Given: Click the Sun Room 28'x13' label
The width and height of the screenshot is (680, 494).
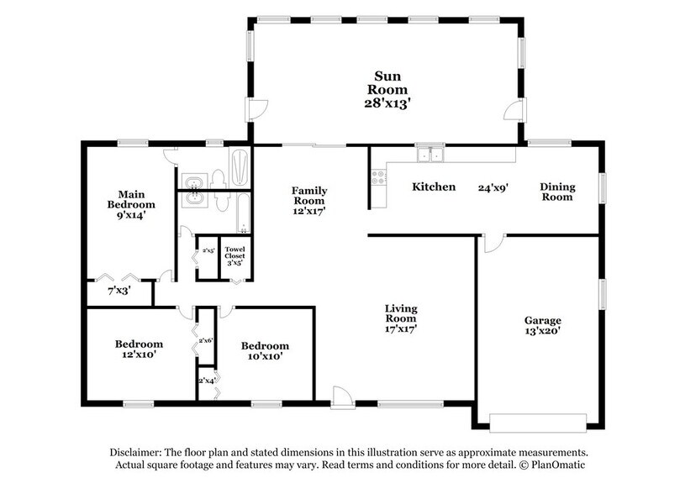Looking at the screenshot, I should click(x=387, y=90).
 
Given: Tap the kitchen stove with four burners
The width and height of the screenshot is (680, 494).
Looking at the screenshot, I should click(x=377, y=177).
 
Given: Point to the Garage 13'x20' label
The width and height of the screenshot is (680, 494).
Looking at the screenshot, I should click(x=542, y=327).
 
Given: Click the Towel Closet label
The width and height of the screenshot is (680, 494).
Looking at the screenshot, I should click(x=233, y=254).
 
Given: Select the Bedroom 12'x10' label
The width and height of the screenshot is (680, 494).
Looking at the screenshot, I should click(x=139, y=349).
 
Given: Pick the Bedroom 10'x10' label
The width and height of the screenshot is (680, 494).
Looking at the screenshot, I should click(x=265, y=351).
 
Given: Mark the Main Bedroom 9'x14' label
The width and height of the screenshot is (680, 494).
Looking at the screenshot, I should click(x=131, y=204).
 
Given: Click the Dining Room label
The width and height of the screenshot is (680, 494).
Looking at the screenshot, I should click(x=556, y=192).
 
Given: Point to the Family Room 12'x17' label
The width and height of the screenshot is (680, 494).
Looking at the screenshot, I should click(x=309, y=201).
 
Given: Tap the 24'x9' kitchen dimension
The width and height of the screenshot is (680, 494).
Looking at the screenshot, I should click(x=493, y=187).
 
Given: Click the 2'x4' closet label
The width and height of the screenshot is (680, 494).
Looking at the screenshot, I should click(x=206, y=380).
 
